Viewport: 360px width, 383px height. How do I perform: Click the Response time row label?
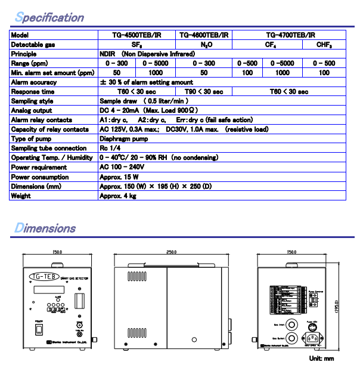point(32,92)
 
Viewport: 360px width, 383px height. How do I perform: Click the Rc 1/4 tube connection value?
point(111,149)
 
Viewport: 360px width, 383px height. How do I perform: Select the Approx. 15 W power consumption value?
point(119,177)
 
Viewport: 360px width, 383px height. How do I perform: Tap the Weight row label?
point(21,196)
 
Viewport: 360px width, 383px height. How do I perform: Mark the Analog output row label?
point(32,111)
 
